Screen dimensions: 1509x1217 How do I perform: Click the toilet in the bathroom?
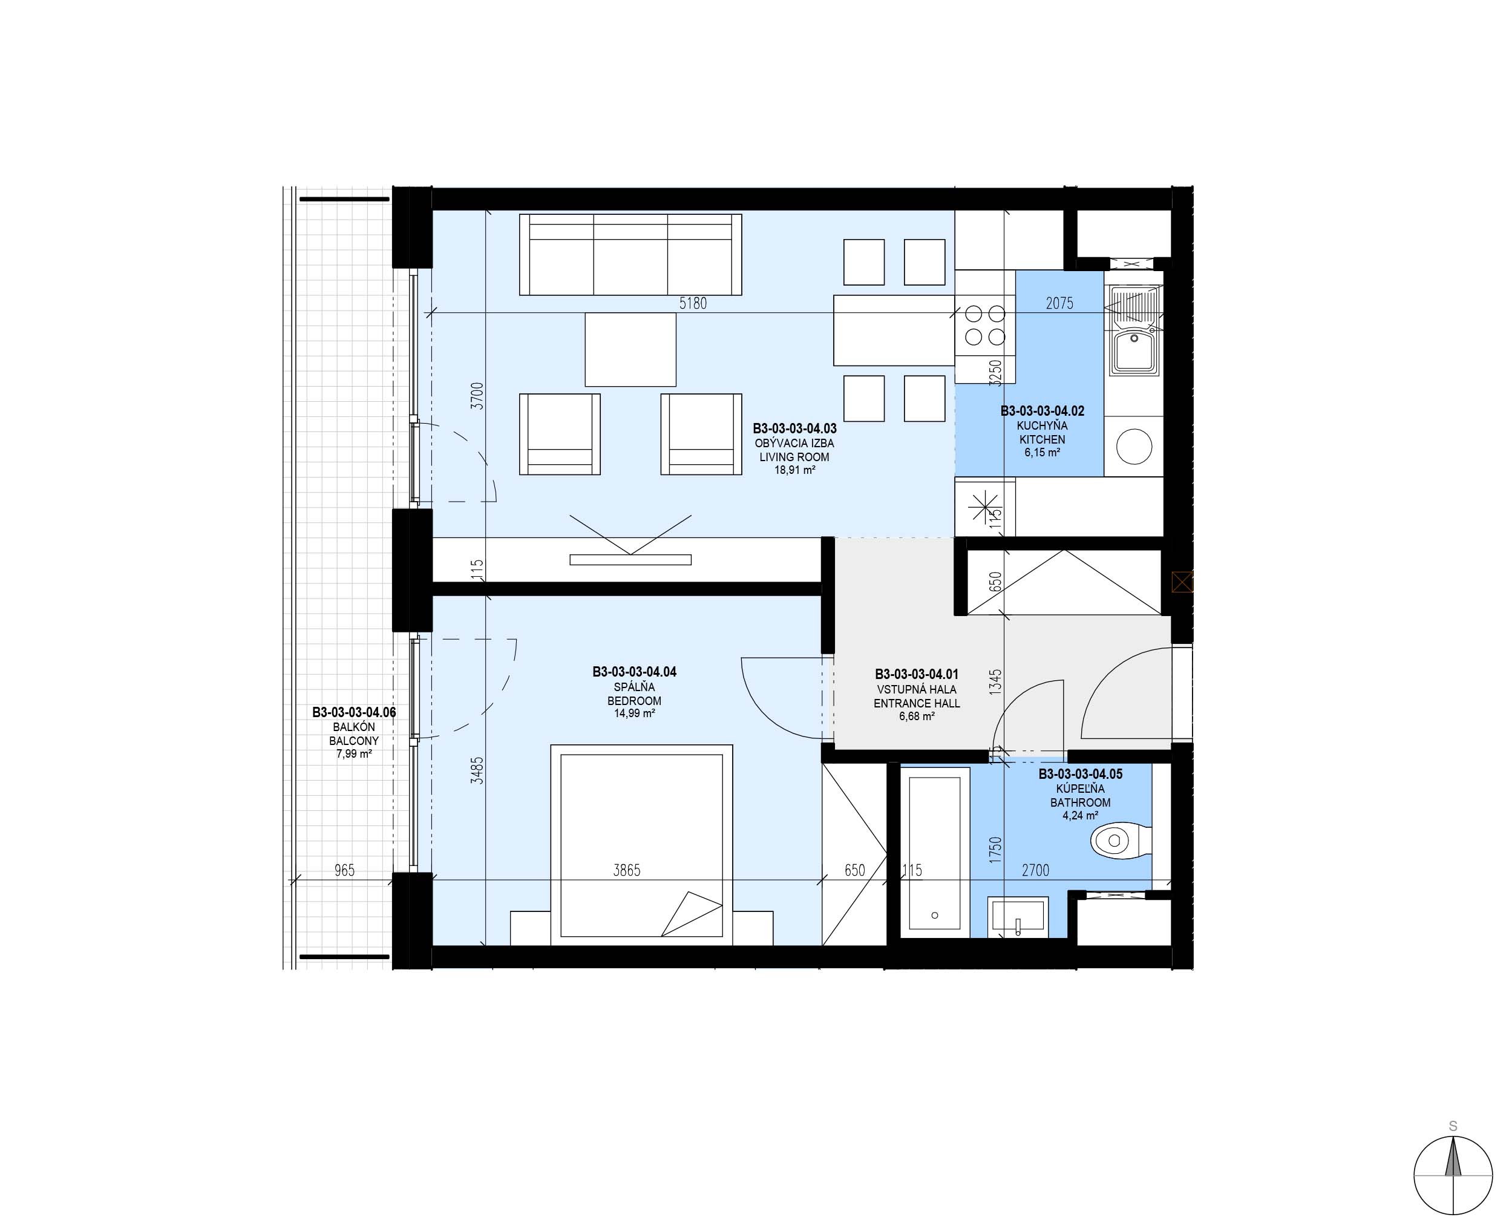coord(1121,841)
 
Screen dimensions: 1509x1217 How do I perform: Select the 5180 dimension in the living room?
coord(692,304)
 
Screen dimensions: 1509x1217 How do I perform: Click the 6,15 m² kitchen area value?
coord(1043,453)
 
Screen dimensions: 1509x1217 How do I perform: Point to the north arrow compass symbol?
coord(1453,1173)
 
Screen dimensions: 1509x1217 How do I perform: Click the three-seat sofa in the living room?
coord(630,255)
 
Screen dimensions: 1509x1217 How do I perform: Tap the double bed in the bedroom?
coord(641,845)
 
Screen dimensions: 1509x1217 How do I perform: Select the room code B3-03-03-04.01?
coord(917,674)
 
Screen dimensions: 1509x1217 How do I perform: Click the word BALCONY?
coord(354,741)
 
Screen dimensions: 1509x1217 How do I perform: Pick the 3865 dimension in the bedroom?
coord(627,870)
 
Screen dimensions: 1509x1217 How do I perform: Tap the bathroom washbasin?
coord(1018,917)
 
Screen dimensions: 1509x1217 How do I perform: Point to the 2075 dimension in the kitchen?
coord(1059,304)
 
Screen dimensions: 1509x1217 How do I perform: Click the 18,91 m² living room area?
coord(795,470)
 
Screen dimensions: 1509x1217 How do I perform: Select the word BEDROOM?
coord(634,701)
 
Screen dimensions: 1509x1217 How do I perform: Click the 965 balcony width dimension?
coord(344,870)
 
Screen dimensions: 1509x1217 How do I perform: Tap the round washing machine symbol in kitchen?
coord(1134,446)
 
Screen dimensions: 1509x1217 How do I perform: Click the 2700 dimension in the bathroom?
coord(1035,870)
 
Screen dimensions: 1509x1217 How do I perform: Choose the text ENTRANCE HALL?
coord(917,703)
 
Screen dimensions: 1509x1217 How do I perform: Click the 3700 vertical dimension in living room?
coord(477,396)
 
